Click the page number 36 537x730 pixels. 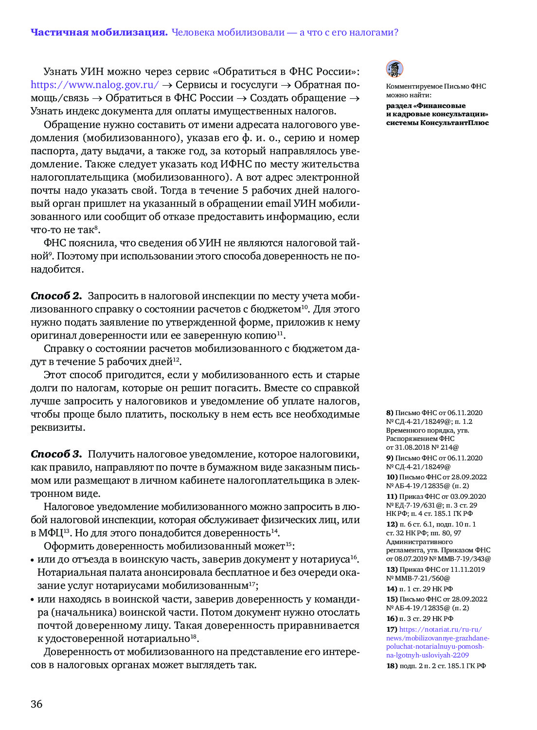coord(36,704)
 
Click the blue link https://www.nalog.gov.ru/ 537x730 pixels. coord(94,85)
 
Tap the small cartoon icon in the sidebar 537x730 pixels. coord(394,69)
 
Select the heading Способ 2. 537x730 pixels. coord(56,296)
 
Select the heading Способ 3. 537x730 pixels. coord(56,454)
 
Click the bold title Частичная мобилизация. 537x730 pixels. coord(99,33)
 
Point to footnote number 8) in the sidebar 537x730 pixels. coord(390,413)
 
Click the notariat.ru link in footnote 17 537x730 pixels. coord(438,642)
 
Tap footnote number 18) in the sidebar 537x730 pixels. coord(392,666)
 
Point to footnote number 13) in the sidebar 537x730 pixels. coord(392,569)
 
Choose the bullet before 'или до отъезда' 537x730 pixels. coord(33,560)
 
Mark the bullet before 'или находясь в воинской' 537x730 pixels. coord(33,600)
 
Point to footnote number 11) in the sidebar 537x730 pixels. coord(392,496)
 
